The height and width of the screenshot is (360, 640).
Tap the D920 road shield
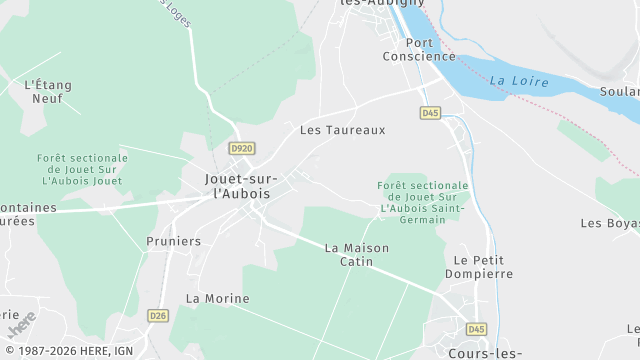(241, 149)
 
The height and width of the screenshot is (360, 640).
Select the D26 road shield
(158, 316)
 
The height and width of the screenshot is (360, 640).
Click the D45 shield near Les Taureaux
(431, 113)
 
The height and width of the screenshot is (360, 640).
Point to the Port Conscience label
(419, 49)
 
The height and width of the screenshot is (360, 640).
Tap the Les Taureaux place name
(342, 130)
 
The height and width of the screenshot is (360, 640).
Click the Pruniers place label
(173, 241)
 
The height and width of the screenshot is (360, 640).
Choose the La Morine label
(218, 299)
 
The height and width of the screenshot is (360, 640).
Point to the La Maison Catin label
(357, 254)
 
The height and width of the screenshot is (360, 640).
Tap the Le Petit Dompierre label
(477, 266)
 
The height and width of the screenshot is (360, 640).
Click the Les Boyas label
(610, 222)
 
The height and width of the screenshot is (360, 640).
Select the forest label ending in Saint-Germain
(423, 200)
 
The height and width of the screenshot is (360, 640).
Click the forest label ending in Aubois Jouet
(82, 169)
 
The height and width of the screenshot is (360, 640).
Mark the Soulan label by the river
(619, 92)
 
